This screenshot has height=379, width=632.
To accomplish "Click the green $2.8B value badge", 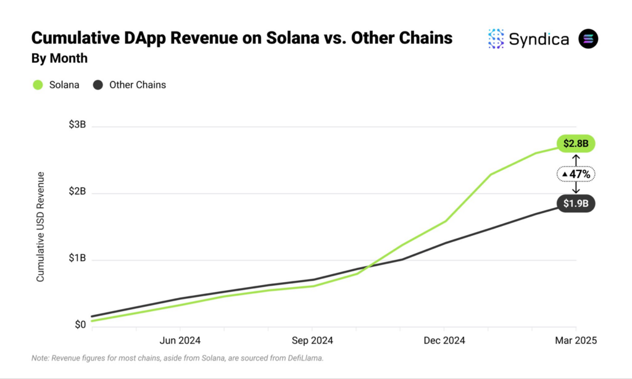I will click(576, 144).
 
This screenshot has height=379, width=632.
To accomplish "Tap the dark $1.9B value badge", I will click(576, 203).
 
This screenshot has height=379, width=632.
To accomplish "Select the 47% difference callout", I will click(576, 174).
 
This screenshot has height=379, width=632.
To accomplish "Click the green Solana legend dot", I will click(38, 85).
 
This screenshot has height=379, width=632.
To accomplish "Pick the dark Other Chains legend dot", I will click(98, 85).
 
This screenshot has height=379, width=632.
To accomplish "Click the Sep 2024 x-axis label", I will click(312, 340).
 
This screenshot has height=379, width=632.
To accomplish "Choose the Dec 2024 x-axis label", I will click(444, 340).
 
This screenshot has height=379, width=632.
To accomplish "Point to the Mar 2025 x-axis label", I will click(576, 340).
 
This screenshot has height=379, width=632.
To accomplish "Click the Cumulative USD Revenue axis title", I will click(41, 227).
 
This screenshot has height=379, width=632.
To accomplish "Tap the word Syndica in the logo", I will click(539, 39).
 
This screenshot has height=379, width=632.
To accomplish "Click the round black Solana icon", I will click(588, 39).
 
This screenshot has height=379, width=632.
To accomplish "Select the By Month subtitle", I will click(59, 58).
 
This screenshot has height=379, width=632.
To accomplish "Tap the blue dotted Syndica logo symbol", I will click(496, 39).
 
